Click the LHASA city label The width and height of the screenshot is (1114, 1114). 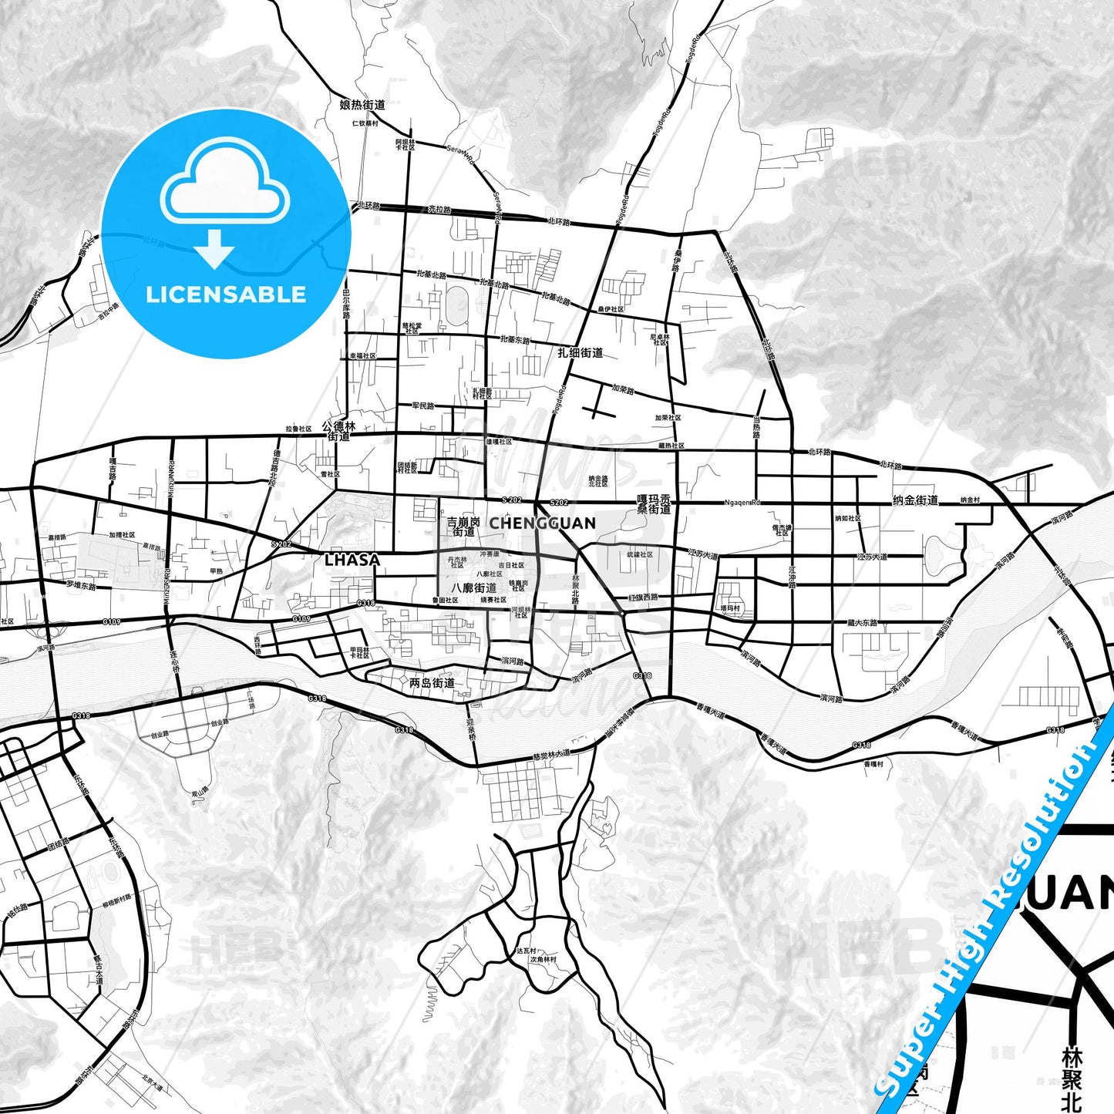click(352, 560)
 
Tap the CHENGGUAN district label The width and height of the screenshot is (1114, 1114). click(543, 523)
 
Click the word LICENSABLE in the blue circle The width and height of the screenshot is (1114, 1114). click(226, 294)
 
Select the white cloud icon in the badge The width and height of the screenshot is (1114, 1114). click(225, 183)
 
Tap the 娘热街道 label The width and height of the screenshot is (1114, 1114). click(362, 104)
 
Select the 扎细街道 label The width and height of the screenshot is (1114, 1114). click(581, 352)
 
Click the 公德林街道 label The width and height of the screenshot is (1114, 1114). click(339, 431)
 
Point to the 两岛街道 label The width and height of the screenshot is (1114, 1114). click(432, 683)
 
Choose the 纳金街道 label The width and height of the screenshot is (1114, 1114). click(915, 500)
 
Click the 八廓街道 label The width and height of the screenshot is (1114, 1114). click(474, 588)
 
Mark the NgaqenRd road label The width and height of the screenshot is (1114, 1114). click(742, 503)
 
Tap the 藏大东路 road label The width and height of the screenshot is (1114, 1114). click(862, 622)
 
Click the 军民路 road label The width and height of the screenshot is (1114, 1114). click(423, 406)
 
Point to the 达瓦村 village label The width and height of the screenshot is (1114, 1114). click(526, 951)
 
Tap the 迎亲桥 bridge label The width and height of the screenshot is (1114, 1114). click(471, 729)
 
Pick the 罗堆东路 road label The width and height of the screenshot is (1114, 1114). click(81, 585)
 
